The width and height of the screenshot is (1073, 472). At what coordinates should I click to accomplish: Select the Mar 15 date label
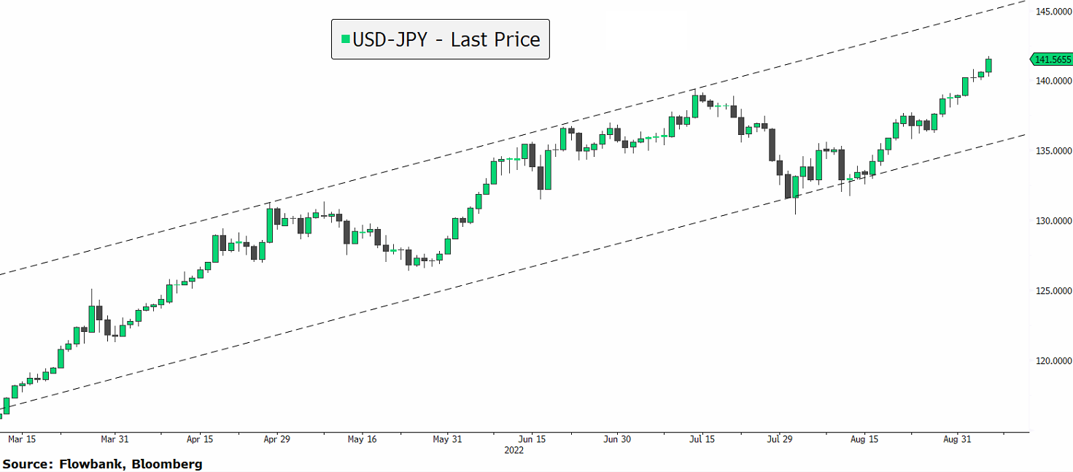point(21,439)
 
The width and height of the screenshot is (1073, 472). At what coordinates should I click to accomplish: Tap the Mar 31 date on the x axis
point(115,439)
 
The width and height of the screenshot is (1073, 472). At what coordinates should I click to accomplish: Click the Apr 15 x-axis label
point(200,439)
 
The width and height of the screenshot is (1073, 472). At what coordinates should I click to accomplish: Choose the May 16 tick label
point(362,439)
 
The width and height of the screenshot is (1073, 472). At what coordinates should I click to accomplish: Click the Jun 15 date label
point(532,439)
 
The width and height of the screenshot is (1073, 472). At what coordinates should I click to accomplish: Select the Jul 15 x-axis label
point(701,439)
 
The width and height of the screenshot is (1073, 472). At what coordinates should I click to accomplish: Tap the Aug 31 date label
point(957,439)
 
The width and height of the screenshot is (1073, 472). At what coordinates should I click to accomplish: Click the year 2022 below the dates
point(515,451)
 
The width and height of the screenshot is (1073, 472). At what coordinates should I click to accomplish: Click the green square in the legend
point(345,39)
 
